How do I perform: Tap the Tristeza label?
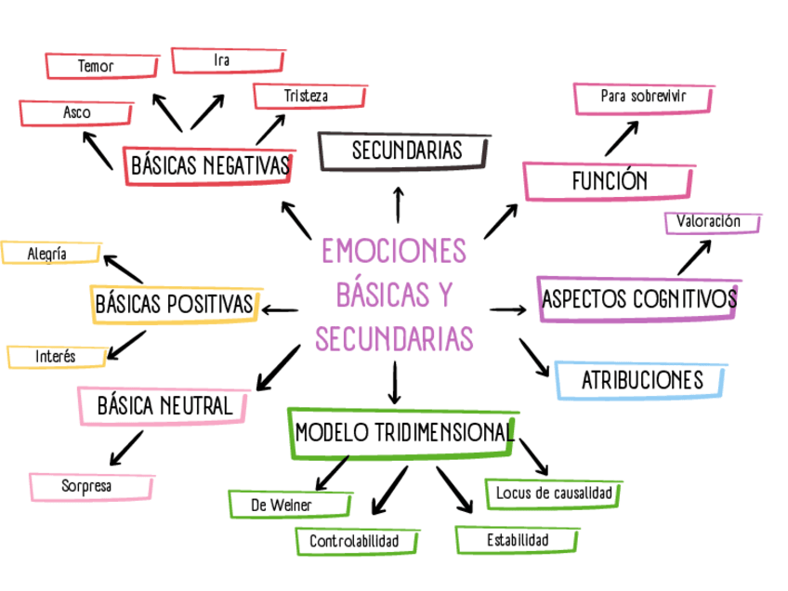(306, 96)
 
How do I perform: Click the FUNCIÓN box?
(609, 180)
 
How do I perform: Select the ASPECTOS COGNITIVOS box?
(639, 298)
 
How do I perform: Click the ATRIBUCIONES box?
(641, 380)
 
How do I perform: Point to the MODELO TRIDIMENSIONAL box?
(403, 432)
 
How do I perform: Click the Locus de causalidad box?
(554, 492)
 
